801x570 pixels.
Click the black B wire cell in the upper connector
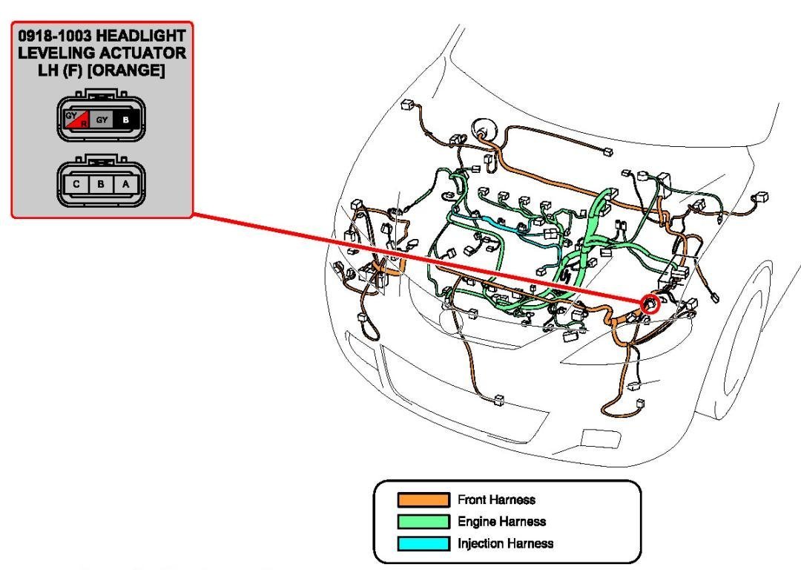[125, 119]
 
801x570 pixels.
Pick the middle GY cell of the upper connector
[102, 119]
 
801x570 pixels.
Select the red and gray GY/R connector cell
[76, 119]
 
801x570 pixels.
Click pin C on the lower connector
[76, 183]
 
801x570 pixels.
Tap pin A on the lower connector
[125, 183]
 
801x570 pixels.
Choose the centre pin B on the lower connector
[101, 183]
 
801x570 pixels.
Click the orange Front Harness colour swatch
[423, 500]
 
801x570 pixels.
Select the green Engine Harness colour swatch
[423, 522]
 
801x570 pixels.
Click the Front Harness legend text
[496, 500]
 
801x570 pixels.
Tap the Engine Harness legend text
[501, 522]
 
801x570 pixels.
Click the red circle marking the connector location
[650, 304]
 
